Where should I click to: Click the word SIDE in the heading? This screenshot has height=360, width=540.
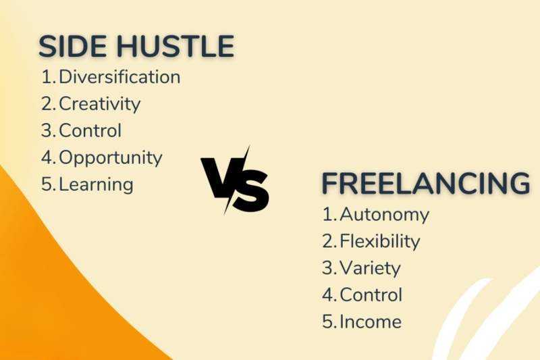point(71,47)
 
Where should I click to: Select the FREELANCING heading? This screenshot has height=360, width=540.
point(425,184)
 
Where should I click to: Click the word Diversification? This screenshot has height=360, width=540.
point(119,77)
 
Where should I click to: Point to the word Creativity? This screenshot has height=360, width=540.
point(99,104)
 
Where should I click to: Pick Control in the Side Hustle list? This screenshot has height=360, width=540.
point(90,130)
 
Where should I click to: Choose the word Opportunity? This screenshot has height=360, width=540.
point(111,158)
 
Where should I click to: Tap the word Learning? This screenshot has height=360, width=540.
point(96,184)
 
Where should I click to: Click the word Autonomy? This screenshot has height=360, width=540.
point(384,215)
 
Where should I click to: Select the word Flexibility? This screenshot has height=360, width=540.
point(379,241)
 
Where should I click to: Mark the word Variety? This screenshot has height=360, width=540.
point(370,268)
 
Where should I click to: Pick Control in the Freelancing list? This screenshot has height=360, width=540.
point(371,295)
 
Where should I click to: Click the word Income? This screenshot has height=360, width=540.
point(371,322)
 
